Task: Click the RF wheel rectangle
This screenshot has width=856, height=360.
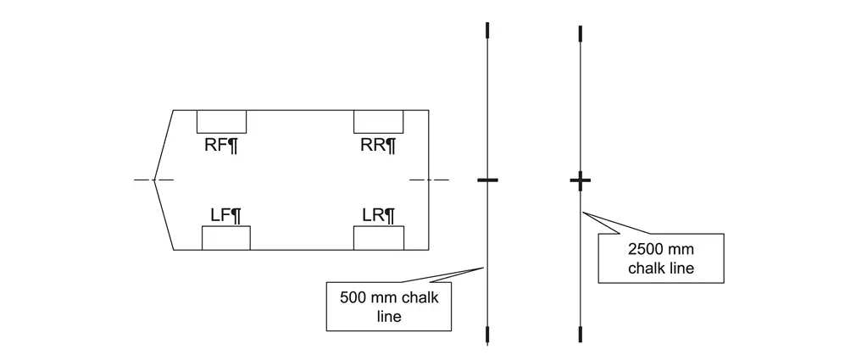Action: [221, 122]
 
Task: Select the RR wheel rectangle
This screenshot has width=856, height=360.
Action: [378, 122]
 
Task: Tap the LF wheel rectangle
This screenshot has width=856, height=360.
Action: [226, 238]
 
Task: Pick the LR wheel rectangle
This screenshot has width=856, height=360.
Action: [378, 238]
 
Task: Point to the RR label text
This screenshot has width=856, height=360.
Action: [378, 145]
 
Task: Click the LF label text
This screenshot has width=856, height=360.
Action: [225, 214]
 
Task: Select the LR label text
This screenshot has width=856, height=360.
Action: [378, 214]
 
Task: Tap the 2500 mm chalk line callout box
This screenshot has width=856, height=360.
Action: [662, 258]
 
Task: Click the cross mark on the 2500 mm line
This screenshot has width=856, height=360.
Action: [580, 180]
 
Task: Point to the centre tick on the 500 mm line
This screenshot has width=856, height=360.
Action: [487, 180]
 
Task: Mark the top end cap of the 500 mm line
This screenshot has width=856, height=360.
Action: [487, 31]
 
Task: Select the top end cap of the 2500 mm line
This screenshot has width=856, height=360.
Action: [580, 33]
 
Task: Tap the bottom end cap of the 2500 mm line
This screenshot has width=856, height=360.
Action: [580, 334]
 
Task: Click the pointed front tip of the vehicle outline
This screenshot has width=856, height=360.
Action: [154, 180]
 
